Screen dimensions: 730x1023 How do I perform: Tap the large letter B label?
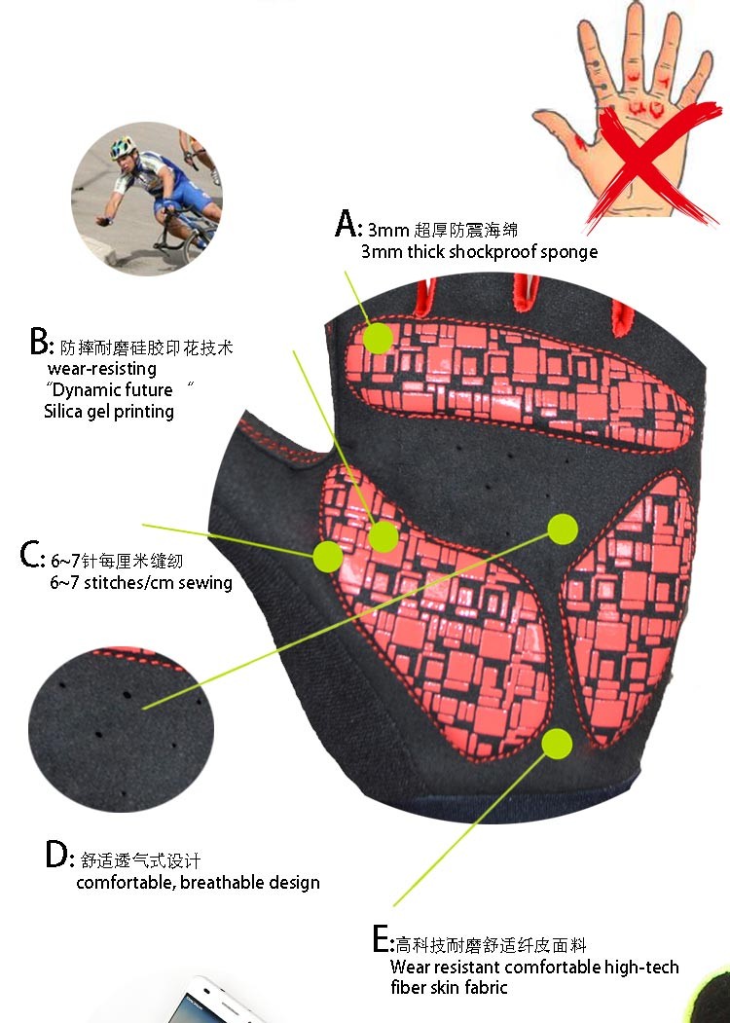(39, 342)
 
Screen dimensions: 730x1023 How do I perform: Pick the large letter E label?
(381, 939)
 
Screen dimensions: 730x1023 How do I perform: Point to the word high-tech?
(641, 967)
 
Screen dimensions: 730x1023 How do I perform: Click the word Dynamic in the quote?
(82, 390)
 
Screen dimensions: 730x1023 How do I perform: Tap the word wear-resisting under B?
(102, 369)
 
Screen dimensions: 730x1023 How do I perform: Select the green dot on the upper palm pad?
(378, 338)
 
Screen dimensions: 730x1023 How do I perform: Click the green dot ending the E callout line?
(557, 743)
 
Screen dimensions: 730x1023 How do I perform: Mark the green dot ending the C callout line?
(327, 556)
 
